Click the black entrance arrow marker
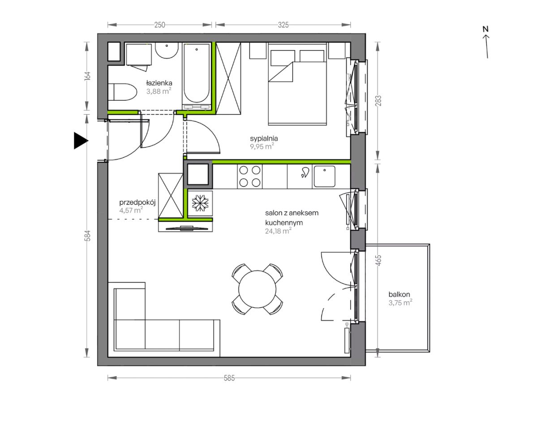[80, 141]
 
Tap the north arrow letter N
[485, 30]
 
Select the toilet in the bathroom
[122, 92]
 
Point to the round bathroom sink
[167, 51]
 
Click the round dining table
[257, 289]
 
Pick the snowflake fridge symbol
[200, 203]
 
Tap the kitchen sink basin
[324, 176]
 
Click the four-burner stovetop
[249, 176]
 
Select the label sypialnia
[264, 139]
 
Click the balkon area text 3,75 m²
[400, 303]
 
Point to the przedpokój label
[137, 202]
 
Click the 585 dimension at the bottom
[229, 378]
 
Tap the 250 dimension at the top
[160, 25]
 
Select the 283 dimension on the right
[378, 101]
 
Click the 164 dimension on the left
[87, 76]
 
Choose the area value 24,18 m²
[278, 231]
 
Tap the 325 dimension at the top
[283, 25]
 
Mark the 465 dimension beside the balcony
[378, 261]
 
